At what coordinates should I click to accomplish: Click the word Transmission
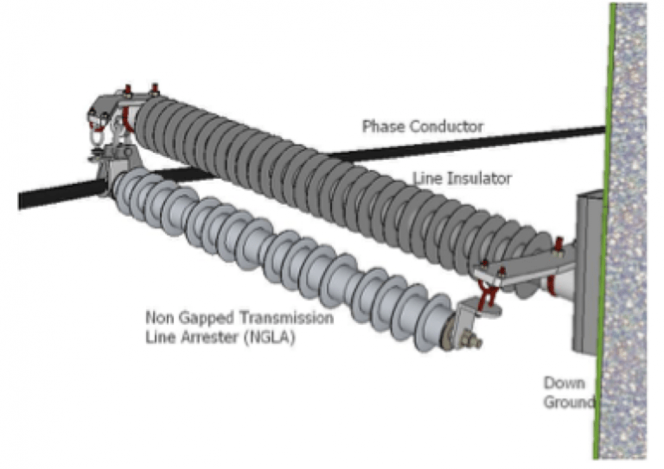pyautogui.click(x=288, y=318)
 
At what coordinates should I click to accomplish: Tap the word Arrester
pyautogui.click(x=206, y=336)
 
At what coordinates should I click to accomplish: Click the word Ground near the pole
pyautogui.click(x=567, y=402)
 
